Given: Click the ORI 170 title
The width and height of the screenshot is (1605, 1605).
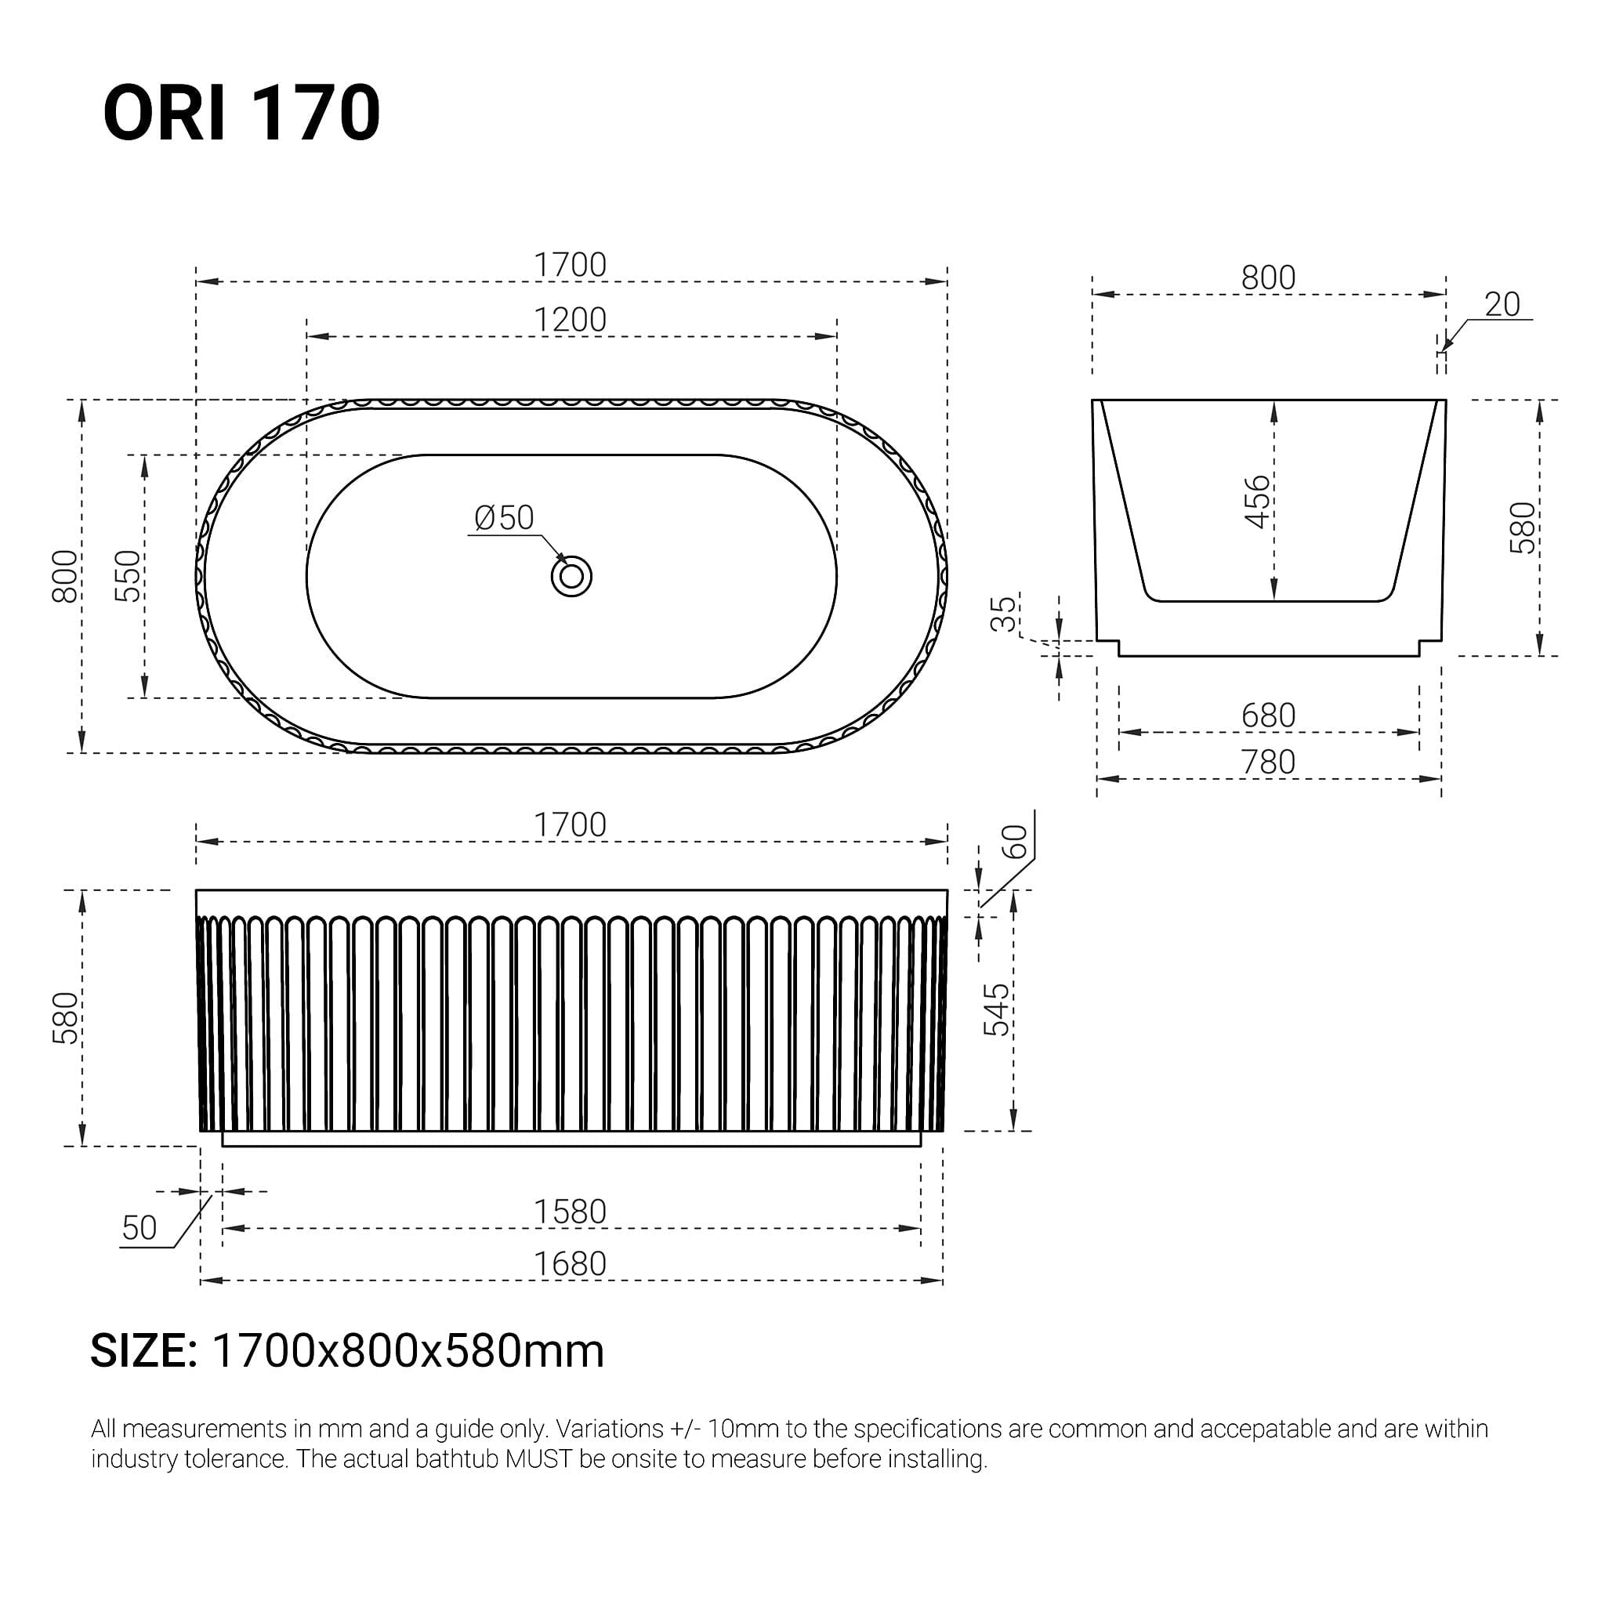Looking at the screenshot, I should pos(241,113).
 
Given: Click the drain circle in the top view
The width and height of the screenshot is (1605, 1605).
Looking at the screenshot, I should pos(571,576).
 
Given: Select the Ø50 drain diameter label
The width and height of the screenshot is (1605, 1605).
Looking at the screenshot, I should pos(503,518).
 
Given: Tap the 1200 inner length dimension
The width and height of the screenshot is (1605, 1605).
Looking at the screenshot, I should pos(570,320).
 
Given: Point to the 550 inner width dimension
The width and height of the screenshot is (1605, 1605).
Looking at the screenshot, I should pos(128,576).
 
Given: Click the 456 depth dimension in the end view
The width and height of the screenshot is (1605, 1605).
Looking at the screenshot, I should pos(1258,501).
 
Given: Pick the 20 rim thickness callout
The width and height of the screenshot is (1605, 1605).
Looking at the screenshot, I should pos(1502,305).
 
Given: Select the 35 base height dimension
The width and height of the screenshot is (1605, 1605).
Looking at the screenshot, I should pos(1005,613).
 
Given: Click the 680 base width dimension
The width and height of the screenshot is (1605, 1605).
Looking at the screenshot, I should pos(1268,716).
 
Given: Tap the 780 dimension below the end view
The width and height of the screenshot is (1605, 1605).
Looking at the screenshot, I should pos(1268,762).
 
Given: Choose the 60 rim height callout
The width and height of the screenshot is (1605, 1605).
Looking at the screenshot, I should pos(1015,842).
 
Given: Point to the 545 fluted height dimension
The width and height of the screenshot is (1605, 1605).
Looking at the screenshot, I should pos(996,1009).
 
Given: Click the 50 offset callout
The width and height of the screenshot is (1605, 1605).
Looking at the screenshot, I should pos(139,1228).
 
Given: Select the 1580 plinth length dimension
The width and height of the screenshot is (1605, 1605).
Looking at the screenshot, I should pos(570,1212).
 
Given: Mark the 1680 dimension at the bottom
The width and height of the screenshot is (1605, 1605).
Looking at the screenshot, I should pos(570,1264).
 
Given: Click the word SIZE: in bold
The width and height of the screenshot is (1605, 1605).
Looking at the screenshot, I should pos(143,1352).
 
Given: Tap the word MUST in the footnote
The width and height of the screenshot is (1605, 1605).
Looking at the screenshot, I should pos(539,1458).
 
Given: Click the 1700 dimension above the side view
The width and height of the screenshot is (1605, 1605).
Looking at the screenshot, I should pos(570,825).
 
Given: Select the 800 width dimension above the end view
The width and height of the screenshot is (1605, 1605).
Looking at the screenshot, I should pos(1268,277).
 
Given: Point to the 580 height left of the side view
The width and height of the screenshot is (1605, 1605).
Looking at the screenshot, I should pos(66,1018).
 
